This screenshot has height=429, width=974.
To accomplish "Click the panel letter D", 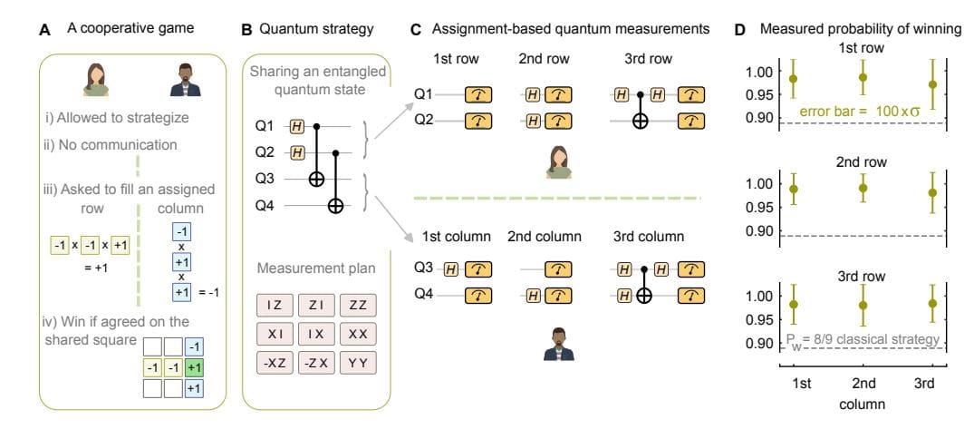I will [x=739, y=30].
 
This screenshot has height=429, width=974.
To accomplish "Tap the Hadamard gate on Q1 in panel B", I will [x=296, y=130].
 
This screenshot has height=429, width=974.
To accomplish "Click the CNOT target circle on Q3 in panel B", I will [x=316, y=180].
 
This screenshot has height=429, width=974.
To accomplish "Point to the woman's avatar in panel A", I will [x=96, y=80].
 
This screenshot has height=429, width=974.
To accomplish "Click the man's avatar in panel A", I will [x=184, y=80].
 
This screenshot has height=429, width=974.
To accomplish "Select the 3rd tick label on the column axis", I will [x=923, y=385].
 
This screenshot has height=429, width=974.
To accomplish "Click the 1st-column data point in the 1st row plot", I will [x=793, y=79].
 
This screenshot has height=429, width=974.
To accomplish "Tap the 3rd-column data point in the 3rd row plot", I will [x=933, y=304].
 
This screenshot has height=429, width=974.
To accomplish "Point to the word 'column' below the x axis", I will [x=863, y=404].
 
